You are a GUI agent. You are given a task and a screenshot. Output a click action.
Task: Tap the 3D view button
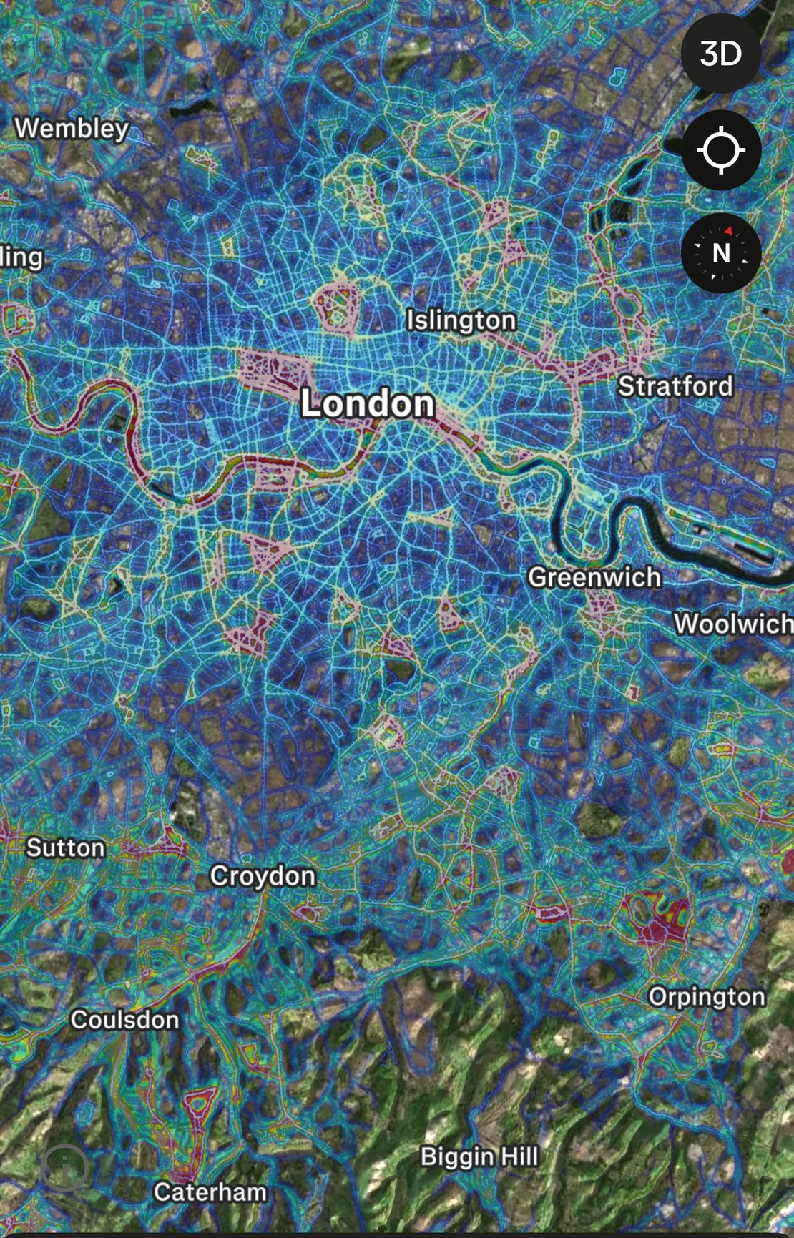point(720,54)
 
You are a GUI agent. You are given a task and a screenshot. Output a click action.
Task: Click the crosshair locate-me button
point(720,150)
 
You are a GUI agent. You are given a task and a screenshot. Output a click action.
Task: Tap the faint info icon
point(64,1168)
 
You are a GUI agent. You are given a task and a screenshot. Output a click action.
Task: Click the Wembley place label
point(72,129)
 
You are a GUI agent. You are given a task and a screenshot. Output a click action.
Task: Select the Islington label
point(461,320)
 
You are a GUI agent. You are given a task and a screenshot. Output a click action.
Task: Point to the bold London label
point(368,404)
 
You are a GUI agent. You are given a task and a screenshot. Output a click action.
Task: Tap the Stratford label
point(675,386)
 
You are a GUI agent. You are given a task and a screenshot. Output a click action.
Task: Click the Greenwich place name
point(594,577)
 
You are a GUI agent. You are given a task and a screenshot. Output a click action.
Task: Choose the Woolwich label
point(733,624)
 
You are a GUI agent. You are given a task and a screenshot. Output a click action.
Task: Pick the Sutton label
point(66,848)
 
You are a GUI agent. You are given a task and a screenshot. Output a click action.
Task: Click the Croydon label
point(263,876)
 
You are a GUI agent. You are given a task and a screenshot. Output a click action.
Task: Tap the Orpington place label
point(707,997)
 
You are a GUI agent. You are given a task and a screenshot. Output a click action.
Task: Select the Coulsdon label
point(124,1020)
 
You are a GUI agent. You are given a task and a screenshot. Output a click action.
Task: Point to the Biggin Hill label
point(479,1156)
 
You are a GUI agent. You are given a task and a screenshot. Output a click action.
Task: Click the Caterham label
point(210,1192)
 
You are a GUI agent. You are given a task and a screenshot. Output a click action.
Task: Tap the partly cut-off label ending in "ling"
point(21,257)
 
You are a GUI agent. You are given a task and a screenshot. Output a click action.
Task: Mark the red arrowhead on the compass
point(728,230)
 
